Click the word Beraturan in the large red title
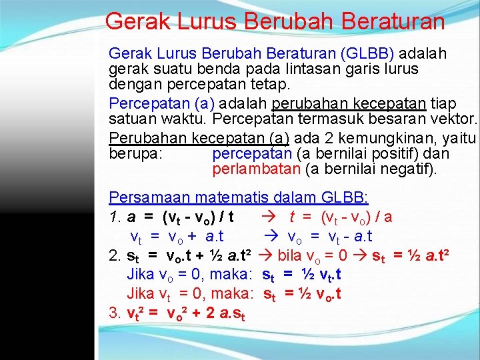pyautogui.click(x=393, y=21)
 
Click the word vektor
pyautogui.click(x=453, y=120)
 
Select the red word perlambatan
pyautogui.click(x=256, y=169)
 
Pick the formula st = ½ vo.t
pyautogui.click(x=303, y=294)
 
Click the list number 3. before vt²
pyautogui.click(x=115, y=312)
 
